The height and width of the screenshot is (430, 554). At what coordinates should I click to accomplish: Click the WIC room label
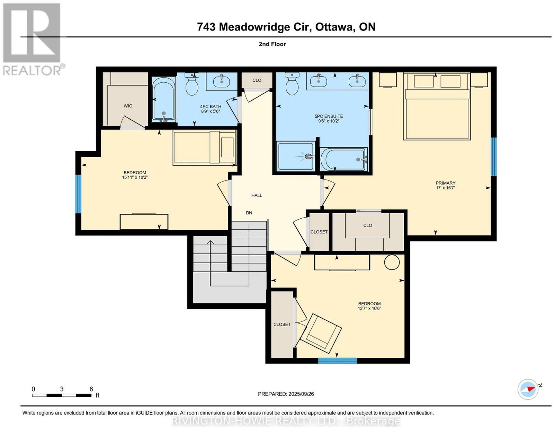coord(128,106)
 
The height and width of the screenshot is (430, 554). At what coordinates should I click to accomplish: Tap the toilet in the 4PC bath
coord(192,84)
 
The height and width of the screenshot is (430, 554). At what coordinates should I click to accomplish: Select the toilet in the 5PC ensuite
coord(292,84)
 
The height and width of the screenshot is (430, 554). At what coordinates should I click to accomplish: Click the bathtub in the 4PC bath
coord(163,99)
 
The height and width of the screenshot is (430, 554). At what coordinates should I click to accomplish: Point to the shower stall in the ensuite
coord(296,156)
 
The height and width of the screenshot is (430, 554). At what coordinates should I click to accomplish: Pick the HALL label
coord(257,195)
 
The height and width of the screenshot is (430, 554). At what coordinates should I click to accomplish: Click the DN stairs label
coord(249,213)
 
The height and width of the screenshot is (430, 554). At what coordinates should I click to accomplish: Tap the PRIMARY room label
coord(445,183)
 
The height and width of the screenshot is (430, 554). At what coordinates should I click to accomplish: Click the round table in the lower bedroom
coord(392,262)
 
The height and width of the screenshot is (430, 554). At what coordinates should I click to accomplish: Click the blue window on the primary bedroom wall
coord(494,157)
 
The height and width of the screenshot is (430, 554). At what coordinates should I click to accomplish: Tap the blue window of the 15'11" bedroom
coord(78,194)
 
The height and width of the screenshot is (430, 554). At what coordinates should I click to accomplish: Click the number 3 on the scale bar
coord(62,389)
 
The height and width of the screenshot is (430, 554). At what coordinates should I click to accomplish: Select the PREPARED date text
coord(286,394)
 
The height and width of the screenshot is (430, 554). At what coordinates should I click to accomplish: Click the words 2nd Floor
coord(272,44)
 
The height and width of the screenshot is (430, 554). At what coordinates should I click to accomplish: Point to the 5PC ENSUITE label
coord(329,116)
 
